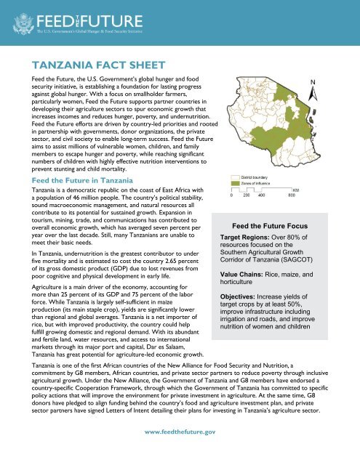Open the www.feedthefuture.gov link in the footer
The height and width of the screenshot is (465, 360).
point(180,432)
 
